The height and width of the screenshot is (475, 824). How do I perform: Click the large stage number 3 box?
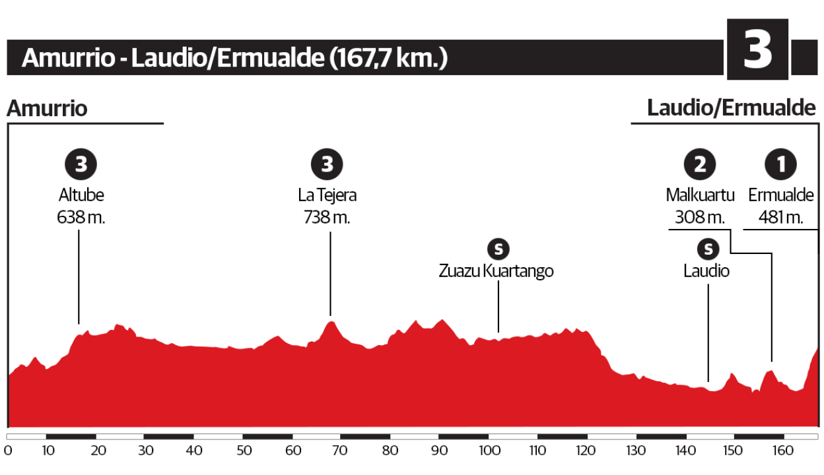[757, 50]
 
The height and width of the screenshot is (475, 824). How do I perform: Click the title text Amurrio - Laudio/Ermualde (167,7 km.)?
[234, 58]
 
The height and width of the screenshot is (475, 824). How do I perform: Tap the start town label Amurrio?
[47, 108]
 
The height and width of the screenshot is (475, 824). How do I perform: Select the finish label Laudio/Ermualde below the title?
[732, 108]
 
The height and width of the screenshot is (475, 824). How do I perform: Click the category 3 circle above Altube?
[81, 165]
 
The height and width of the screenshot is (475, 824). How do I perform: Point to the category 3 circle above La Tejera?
[327, 165]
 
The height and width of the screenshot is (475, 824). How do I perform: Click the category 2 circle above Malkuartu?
[700, 165]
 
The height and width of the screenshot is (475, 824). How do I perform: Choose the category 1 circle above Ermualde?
[780, 165]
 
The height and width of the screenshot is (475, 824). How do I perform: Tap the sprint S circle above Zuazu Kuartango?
[498, 249]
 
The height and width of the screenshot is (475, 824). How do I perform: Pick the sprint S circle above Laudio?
[708, 249]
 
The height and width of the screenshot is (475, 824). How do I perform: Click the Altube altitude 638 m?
[81, 217]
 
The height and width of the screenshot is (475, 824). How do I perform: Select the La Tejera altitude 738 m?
[326, 217]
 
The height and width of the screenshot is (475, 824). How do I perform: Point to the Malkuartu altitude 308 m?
[701, 217]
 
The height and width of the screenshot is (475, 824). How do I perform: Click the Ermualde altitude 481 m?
[780, 217]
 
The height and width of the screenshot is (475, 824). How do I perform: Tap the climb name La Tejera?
[327, 196]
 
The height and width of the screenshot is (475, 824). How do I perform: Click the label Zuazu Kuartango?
[496, 271]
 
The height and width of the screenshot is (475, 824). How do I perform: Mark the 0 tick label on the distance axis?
[8, 451]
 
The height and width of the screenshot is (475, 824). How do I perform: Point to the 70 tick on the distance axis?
[341, 451]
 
